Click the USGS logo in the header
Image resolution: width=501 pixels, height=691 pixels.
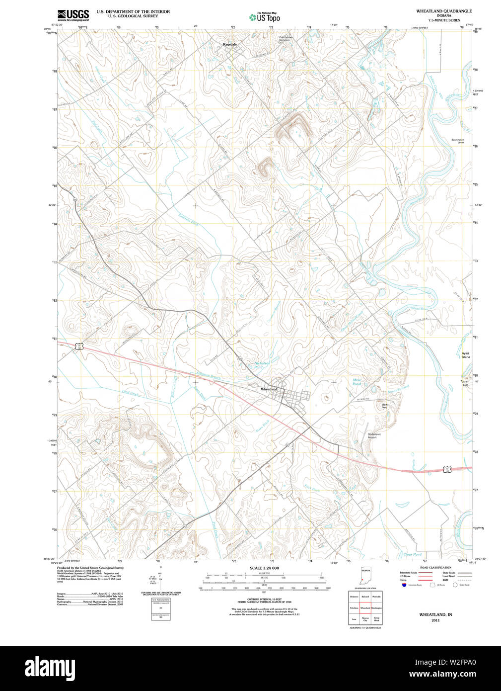[73, 14]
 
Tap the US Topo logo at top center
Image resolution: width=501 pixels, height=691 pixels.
[265, 17]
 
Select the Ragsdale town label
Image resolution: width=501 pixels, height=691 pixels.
[230, 44]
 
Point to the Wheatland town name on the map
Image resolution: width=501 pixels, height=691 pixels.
[269, 389]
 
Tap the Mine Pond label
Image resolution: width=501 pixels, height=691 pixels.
[357, 382]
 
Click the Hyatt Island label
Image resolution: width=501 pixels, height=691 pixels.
[465, 355]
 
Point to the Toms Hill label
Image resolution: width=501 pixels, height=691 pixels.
[464, 383]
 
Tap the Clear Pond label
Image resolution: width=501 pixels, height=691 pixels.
[412, 554]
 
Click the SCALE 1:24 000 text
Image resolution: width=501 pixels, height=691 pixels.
[264, 568]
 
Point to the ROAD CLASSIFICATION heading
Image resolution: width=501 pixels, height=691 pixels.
[435, 567]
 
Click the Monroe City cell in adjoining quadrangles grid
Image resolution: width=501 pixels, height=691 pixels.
[365, 619]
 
